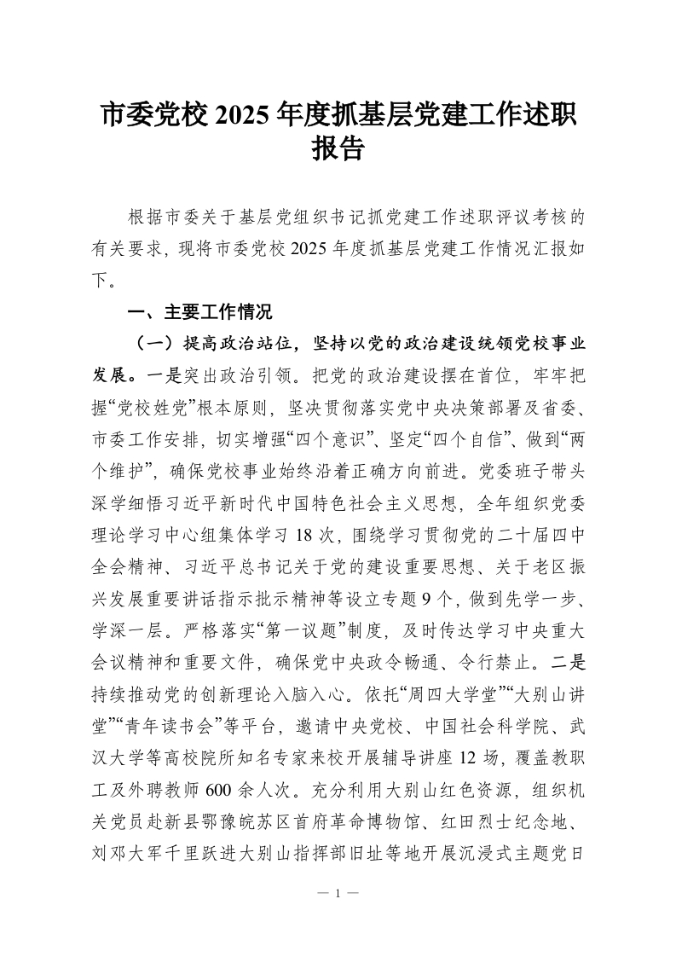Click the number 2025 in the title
tap(245, 113)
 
